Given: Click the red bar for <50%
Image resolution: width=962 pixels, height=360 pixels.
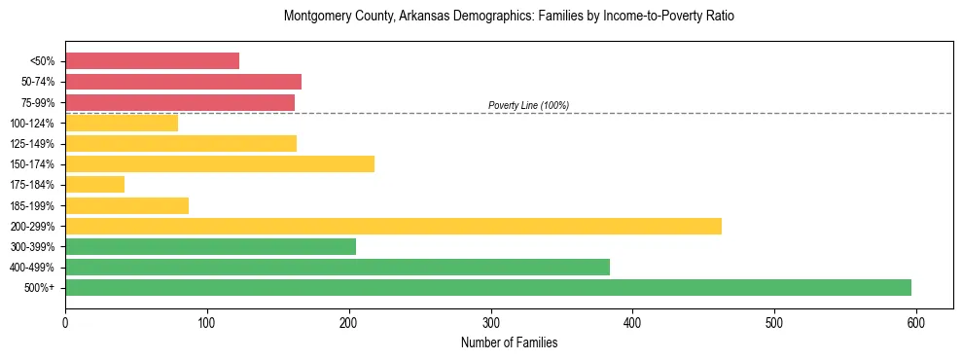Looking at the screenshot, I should click(x=152, y=61).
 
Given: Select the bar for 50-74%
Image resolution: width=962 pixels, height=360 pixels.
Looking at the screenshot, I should click(x=183, y=82).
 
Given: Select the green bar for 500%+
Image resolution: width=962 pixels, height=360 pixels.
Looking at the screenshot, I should click(x=487, y=288).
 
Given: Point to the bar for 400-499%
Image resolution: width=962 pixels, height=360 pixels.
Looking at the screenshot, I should click(x=337, y=268).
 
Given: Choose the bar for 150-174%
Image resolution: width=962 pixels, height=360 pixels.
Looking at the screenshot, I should click(x=219, y=164).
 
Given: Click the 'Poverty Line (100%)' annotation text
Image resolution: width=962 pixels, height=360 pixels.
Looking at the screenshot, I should click(x=528, y=105).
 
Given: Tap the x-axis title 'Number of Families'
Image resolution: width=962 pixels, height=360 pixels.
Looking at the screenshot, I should click(x=509, y=342).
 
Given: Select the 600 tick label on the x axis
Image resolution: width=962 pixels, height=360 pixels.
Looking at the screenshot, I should click(x=915, y=322).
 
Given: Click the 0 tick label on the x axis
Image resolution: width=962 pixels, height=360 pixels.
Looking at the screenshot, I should click(x=65, y=322).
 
